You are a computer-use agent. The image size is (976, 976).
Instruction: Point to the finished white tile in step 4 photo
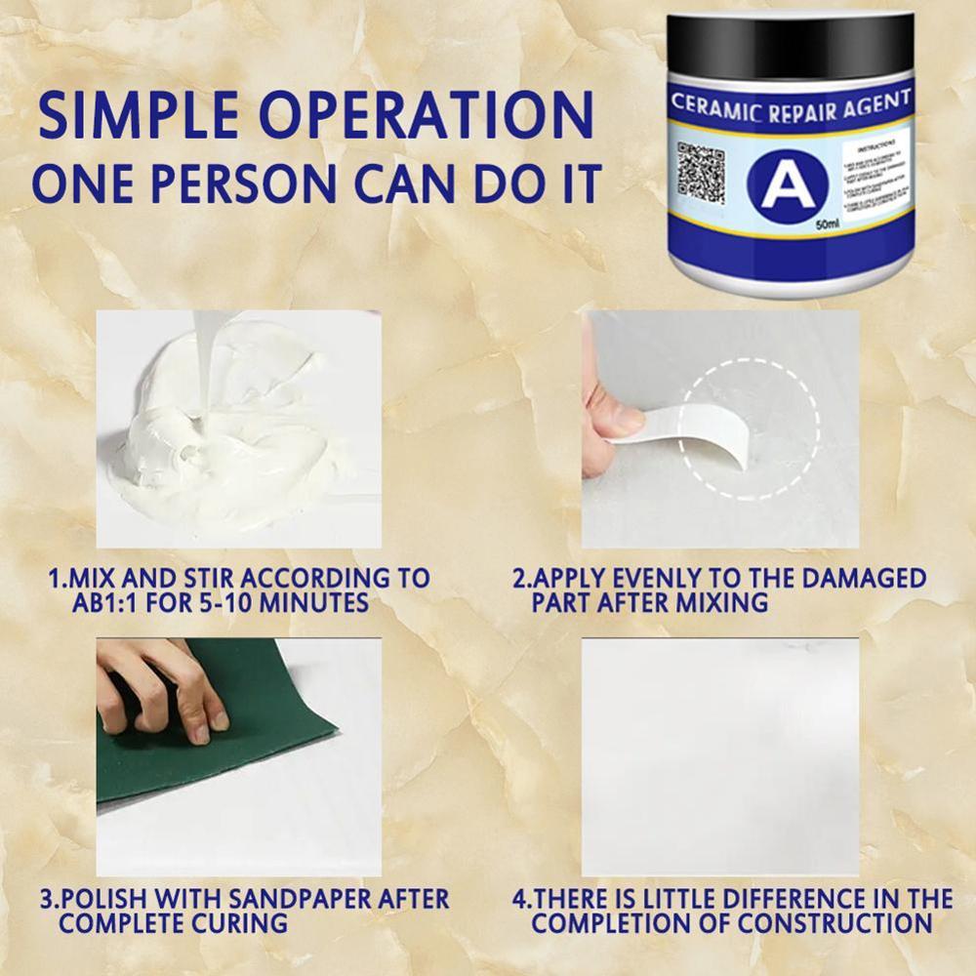(x=720, y=756)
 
